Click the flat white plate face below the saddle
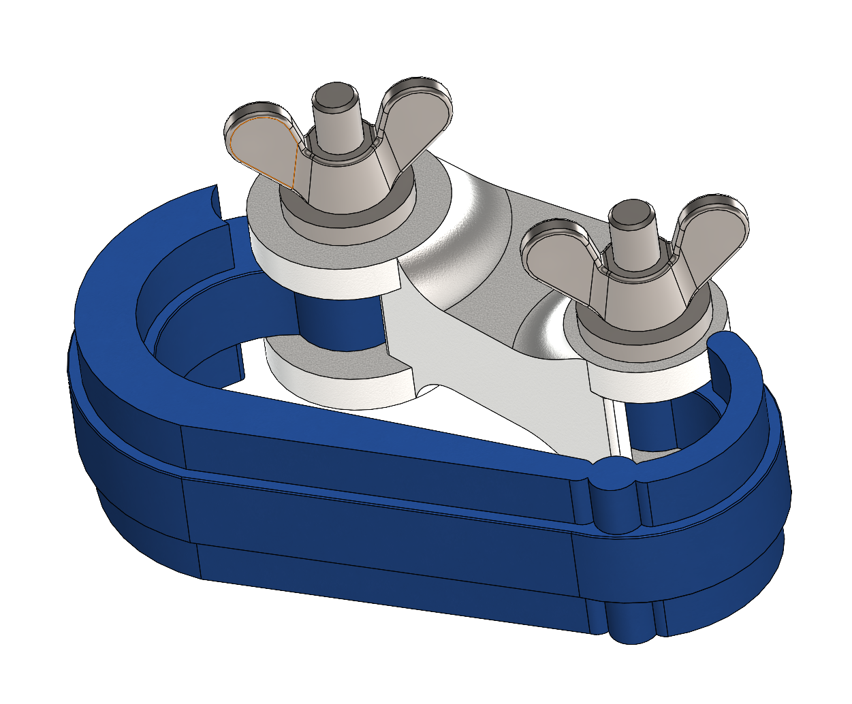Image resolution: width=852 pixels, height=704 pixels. [504, 381]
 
